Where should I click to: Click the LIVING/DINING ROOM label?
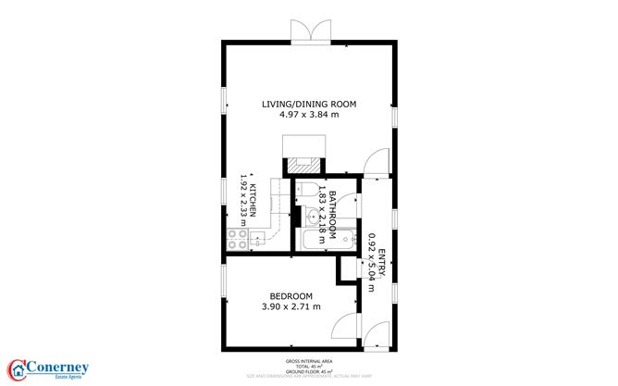click(309, 104)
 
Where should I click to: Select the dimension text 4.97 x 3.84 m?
click(309, 115)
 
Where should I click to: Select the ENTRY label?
click(380, 257)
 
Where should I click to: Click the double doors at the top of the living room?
click(308, 31)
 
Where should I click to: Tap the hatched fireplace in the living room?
click(300, 165)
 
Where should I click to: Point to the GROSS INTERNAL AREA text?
click(308, 361)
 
